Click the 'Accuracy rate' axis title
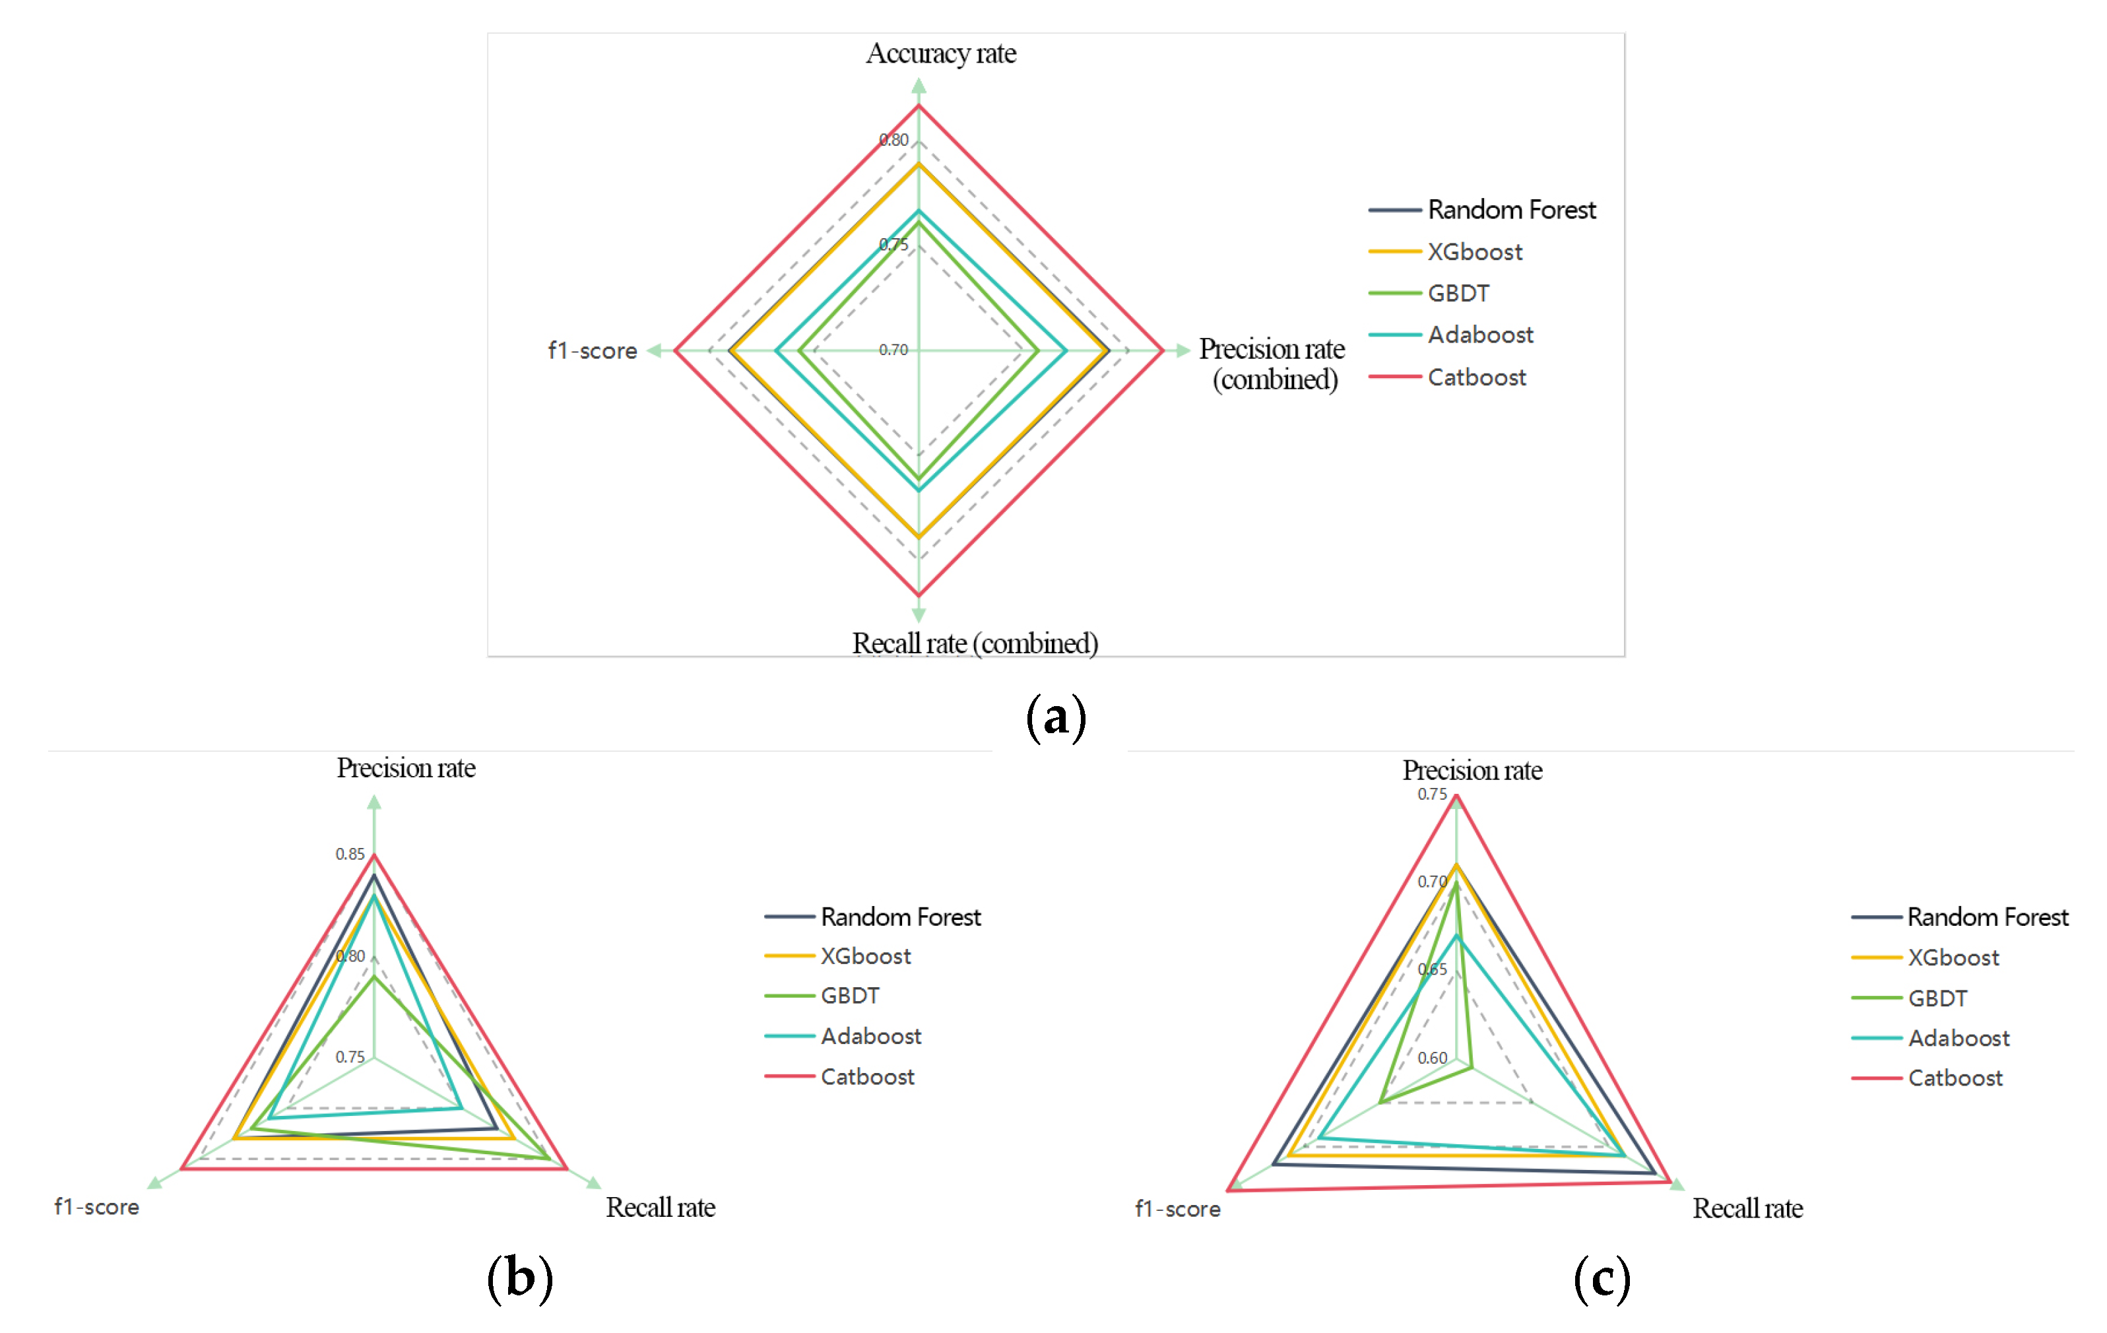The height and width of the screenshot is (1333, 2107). (x=940, y=53)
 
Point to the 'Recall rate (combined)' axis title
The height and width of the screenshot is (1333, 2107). (x=975, y=643)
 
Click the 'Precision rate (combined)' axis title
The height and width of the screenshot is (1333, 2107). (x=1272, y=364)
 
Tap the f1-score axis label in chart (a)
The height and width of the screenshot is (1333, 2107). (x=593, y=351)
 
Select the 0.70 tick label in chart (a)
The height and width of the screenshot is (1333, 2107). (x=893, y=350)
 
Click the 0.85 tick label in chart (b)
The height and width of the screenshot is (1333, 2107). (x=350, y=854)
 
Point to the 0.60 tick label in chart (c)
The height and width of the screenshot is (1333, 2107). (x=1433, y=1058)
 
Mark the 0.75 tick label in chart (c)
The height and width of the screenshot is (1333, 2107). (x=1433, y=795)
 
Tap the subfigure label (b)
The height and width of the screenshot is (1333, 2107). (x=520, y=1278)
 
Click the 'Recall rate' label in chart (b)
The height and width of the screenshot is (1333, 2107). (x=661, y=1208)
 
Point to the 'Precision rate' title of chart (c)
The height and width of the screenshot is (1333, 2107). (x=1473, y=770)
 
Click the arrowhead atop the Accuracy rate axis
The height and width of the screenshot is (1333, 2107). (x=919, y=85)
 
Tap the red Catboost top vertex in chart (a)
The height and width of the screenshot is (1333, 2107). (x=919, y=106)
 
